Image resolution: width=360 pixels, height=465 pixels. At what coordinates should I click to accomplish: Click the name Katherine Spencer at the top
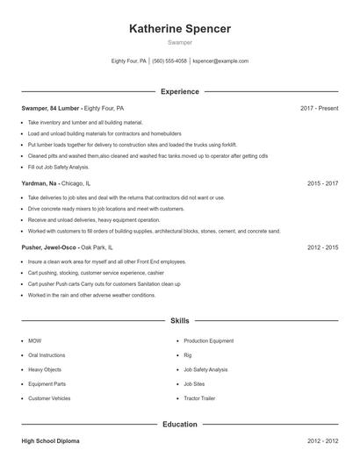(180, 29)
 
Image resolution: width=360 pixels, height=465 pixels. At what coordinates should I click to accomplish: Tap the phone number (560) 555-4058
(169, 61)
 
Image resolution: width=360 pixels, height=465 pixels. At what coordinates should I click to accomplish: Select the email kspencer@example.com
(220, 61)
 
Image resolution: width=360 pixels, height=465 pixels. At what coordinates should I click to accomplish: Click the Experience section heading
(180, 91)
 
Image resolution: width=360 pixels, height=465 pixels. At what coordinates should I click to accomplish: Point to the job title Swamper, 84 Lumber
(50, 108)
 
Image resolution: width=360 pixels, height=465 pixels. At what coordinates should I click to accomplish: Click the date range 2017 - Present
(319, 108)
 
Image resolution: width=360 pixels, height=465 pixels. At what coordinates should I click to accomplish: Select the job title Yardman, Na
(40, 184)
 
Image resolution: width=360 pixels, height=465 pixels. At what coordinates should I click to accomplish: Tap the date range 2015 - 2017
(322, 184)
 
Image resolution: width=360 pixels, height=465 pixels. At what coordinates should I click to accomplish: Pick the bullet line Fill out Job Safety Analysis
(59, 167)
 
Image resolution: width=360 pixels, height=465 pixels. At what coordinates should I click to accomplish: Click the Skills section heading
(180, 322)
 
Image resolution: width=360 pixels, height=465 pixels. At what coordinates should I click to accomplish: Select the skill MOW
(35, 340)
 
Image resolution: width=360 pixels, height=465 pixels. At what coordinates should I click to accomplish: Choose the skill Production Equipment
(209, 340)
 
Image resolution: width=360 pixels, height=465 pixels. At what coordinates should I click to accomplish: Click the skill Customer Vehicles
(50, 398)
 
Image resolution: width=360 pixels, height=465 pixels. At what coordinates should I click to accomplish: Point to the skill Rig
(188, 355)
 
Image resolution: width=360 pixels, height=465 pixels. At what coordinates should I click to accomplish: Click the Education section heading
(180, 425)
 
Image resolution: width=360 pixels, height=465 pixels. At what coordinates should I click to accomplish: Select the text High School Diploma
(52, 441)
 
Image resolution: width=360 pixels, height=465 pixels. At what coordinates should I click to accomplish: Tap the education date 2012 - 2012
(322, 441)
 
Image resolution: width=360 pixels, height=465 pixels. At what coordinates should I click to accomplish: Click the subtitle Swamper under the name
(180, 42)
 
